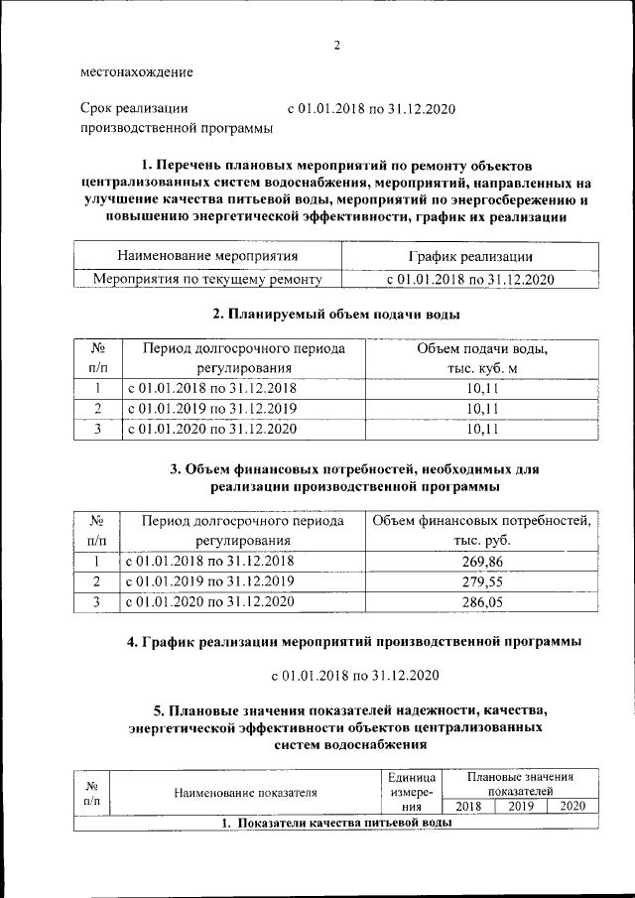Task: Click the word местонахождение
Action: pyautogui.click(x=137, y=72)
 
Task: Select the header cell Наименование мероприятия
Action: pyautogui.click(x=208, y=257)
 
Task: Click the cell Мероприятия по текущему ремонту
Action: pyautogui.click(x=208, y=280)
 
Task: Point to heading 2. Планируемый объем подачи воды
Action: pyautogui.click(x=337, y=315)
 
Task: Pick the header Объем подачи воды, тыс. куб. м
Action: pyautogui.click(x=482, y=359)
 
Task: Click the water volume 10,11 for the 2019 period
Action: pyautogui.click(x=482, y=408)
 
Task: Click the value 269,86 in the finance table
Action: pyautogui.click(x=482, y=561)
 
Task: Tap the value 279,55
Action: pyautogui.click(x=482, y=581)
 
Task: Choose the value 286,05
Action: pyautogui.click(x=482, y=601)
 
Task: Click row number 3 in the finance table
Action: pyautogui.click(x=97, y=601)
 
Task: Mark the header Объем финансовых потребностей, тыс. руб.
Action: pyautogui.click(x=482, y=531)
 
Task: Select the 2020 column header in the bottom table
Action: pyautogui.click(x=572, y=807)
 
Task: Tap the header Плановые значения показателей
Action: pyautogui.click(x=520, y=783)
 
